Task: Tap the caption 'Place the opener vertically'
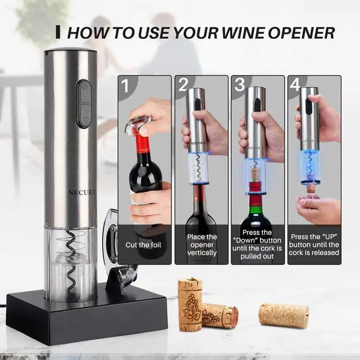pos(201,245)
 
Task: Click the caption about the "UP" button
pos(314,245)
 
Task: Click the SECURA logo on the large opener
pos(83,192)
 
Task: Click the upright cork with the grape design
pos(190,303)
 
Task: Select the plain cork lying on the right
pos(283,316)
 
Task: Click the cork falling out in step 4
pos(310,188)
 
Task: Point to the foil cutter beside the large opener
pos(115,247)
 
